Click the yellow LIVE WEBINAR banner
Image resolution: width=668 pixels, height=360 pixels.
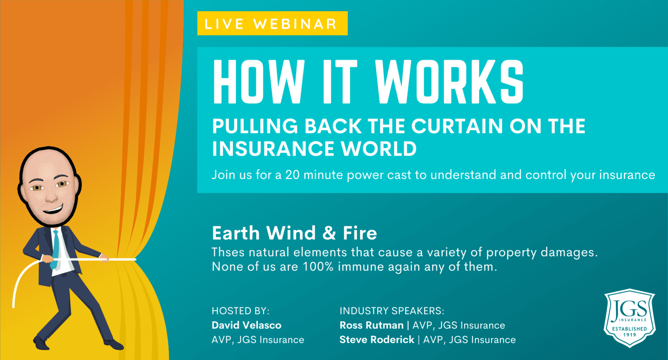pyautogui.click(x=272, y=23)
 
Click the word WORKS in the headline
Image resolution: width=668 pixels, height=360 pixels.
pyautogui.click(x=449, y=82)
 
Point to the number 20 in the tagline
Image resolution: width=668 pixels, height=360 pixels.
pyautogui.click(x=292, y=175)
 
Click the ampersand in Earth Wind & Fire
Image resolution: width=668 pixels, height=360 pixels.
pyautogui.click(x=329, y=233)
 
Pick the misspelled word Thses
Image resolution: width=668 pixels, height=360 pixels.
pyautogui.click(x=228, y=252)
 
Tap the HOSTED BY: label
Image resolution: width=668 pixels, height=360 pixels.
pyautogui.click(x=240, y=311)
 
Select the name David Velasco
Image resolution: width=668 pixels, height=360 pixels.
pyautogui.click(x=246, y=325)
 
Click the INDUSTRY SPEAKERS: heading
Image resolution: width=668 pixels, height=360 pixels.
pyautogui.click(x=392, y=311)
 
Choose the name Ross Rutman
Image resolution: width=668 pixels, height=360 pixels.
pyautogui.click(x=371, y=325)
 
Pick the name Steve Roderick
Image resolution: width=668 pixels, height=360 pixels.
pyautogui.click(x=377, y=340)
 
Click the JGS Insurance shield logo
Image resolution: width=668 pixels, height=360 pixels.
pyautogui.click(x=630, y=318)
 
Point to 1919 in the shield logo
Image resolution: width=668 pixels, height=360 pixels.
pyautogui.click(x=630, y=335)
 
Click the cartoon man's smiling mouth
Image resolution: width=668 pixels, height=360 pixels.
pyautogui.click(x=54, y=209)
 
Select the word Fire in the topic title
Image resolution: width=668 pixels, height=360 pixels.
pyautogui.click(x=360, y=233)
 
